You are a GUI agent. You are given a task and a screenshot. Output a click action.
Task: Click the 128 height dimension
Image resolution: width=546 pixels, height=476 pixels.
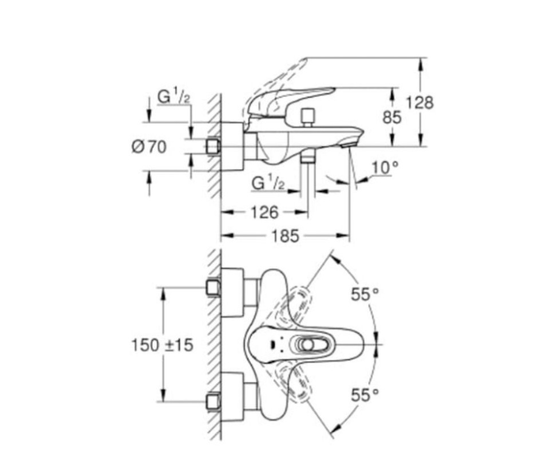[x=420, y=103]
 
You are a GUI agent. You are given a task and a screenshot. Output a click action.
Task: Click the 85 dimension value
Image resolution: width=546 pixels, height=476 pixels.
[x=392, y=117]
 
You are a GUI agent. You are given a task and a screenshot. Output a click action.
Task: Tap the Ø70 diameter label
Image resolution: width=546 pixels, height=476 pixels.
[x=149, y=147]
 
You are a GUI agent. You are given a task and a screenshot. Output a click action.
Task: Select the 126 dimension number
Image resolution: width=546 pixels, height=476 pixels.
[x=264, y=212]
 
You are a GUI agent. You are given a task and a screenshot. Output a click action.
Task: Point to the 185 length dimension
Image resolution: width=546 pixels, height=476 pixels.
[x=285, y=236]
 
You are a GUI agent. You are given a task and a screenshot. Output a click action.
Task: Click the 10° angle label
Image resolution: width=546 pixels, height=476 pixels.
[x=385, y=168]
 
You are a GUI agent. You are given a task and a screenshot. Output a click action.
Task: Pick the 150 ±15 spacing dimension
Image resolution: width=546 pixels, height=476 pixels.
[x=163, y=345]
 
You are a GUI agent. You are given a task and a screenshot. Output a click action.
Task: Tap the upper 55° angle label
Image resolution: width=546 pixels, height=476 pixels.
[x=365, y=294]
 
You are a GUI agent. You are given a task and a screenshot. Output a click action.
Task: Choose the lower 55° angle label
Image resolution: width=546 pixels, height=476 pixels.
[x=365, y=395]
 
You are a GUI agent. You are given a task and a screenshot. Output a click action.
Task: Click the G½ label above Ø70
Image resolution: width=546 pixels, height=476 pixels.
[x=174, y=96]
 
